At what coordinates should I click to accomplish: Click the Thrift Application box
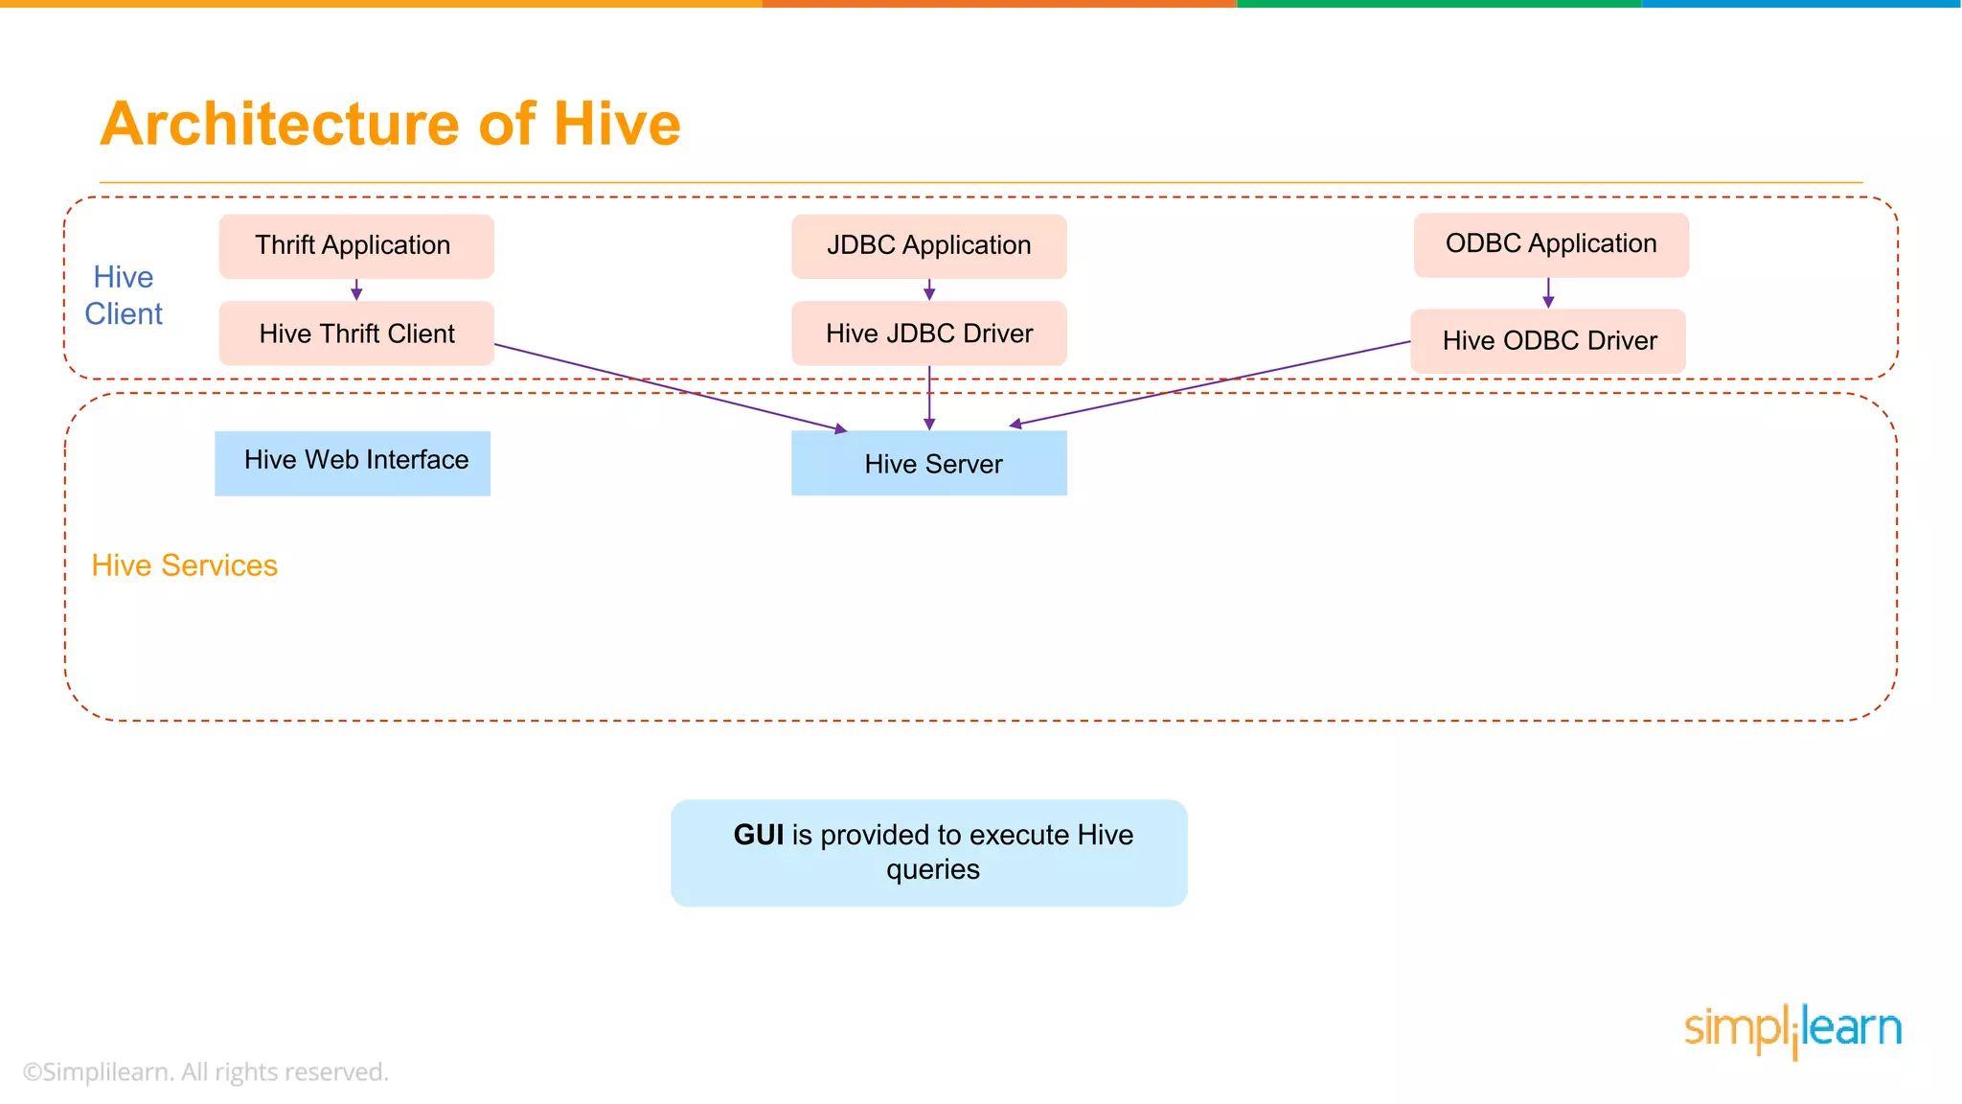[x=355, y=246]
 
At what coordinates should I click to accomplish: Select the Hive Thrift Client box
[x=355, y=333]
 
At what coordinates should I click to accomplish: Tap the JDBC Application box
[x=928, y=246]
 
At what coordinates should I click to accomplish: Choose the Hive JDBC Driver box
[x=928, y=333]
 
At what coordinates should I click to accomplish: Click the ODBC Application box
[x=1550, y=244]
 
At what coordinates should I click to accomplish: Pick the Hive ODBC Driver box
[x=1547, y=341]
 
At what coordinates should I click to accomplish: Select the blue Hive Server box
[x=928, y=464]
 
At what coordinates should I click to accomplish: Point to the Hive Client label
[x=124, y=295]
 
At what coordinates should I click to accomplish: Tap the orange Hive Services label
[x=184, y=565]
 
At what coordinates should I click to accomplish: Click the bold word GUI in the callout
[x=758, y=835]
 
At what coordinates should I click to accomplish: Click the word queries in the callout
[x=932, y=869]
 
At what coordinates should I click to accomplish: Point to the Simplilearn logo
[x=1792, y=1030]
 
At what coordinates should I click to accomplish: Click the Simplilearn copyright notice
[x=205, y=1071]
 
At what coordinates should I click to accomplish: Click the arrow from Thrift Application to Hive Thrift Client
[x=356, y=290]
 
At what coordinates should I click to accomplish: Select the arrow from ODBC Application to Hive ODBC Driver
[x=1548, y=293]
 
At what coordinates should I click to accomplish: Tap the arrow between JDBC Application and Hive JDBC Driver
[x=928, y=290]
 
